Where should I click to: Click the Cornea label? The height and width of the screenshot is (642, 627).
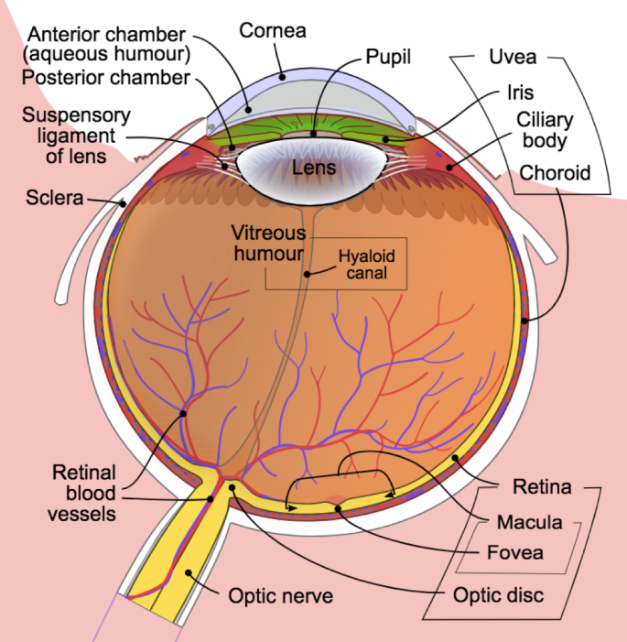(272, 30)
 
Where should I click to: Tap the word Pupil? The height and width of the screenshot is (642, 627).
(388, 57)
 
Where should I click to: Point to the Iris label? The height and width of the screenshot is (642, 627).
(519, 92)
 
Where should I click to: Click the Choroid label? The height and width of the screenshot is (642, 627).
(555, 172)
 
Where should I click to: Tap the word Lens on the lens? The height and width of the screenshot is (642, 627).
(314, 168)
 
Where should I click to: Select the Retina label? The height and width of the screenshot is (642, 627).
(542, 487)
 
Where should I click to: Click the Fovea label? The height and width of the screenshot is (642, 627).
(514, 552)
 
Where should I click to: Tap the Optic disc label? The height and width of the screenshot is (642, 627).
(499, 595)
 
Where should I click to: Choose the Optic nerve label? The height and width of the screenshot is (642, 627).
(280, 596)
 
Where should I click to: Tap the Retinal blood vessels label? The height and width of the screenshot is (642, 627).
(84, 494)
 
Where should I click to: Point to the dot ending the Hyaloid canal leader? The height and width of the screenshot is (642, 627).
(308, 273)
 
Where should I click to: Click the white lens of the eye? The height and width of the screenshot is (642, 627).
(275, 165)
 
